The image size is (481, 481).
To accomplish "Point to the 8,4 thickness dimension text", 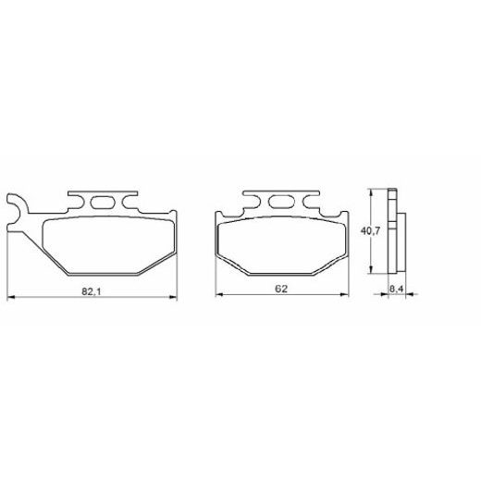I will (x=395, y=290).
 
